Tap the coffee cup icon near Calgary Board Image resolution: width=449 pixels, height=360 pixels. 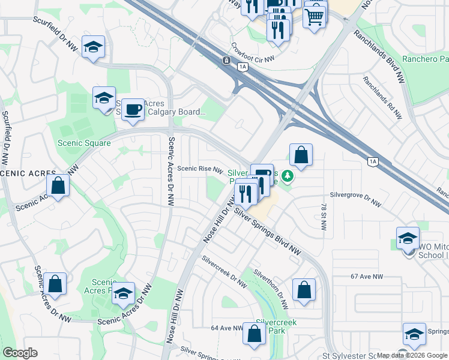(x=133, y=110)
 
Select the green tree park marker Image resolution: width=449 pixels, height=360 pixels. (x=288, y=176)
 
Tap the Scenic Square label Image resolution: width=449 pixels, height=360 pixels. (x=84, y=143)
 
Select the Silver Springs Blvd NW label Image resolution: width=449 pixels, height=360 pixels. (x=267, y=231)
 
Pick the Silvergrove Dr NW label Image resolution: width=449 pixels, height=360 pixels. (x=355, y=203)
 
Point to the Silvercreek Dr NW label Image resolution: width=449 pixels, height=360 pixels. (x=224, y=271)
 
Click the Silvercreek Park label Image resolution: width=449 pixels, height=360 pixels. (x=276, y=326)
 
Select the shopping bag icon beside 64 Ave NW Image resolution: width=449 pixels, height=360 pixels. (x=254, y=334)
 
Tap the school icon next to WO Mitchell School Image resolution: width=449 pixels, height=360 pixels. (x=408, y=238)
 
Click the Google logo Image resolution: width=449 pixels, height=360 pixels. (x=20, y=353)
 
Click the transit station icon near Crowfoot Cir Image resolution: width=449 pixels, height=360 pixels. (x=226, y=61)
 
